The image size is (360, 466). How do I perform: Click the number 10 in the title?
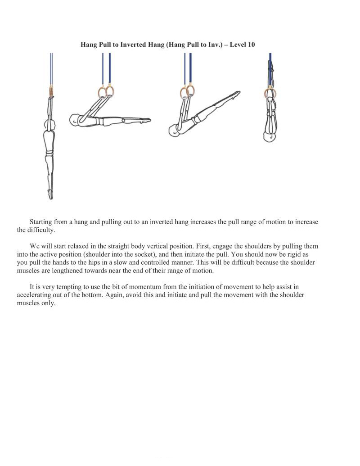pyautogui.click(x=251, y=45)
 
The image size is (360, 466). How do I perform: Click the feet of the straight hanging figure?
pyautogui.click(x=50, y=195)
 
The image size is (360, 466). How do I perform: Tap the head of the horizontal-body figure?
pyautogui.click(x=74, y=120)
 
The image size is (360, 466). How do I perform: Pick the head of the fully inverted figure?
pyautogui.click(x=270, y=136)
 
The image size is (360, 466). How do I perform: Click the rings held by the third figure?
pyautogui.click(x=187, y=92)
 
